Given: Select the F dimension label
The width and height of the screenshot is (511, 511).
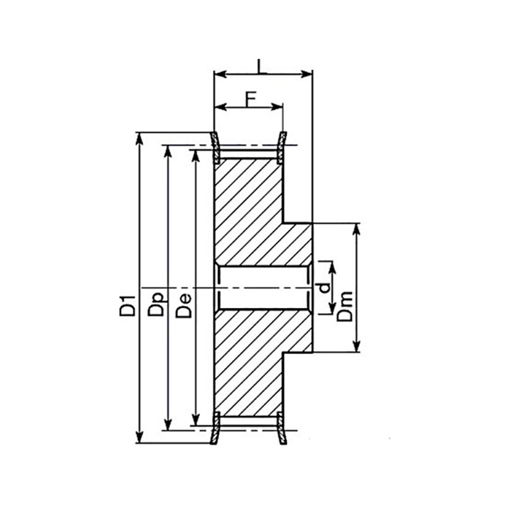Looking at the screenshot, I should (249, 99).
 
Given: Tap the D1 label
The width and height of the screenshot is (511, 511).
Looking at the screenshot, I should (127, 304).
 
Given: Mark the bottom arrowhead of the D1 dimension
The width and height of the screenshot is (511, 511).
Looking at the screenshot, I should (139, 439).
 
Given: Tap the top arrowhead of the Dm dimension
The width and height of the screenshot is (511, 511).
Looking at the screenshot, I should (357, 228).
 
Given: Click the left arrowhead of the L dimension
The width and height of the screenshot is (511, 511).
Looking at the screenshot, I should (218, 73).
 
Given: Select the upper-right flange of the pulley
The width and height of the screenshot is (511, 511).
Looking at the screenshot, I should (283, 145).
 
